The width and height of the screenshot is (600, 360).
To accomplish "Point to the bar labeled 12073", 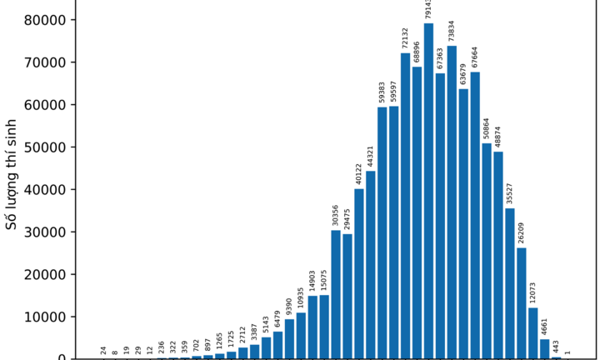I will pos(532,333).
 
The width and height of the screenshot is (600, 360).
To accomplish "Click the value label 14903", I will pos(312,281).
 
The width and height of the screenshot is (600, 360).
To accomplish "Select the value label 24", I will pos(104,351).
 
